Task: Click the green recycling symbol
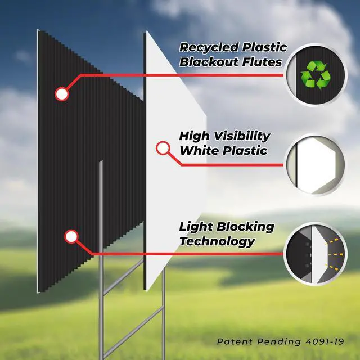click(316, 75)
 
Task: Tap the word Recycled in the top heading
click(209, 47)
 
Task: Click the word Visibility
click(242, 136)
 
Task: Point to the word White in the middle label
click(199, 151)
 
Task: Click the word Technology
click(217, 242)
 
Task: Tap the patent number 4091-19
click(325, 341)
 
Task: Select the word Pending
click(279, 341)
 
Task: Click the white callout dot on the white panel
click(163, 148)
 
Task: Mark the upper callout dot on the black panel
click(62, 94)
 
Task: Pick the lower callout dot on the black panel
click(71, 236)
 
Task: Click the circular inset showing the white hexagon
click(316, 165)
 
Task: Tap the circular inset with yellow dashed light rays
click(316, 254)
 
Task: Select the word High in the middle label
click(195, 136)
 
